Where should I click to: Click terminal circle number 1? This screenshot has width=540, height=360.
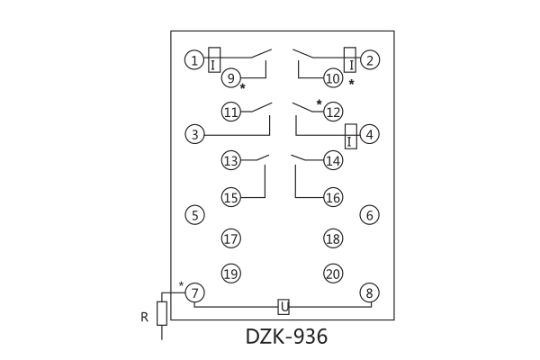(193, 60)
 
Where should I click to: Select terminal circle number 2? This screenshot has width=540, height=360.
(369, 60)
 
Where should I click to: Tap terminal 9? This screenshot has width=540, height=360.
(231, 79)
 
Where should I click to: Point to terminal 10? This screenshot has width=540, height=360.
(333, 79)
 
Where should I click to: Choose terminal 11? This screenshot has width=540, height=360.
(231, 112)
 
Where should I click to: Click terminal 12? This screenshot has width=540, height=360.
(333, 112)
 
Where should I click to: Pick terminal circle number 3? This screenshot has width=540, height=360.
(193, 135)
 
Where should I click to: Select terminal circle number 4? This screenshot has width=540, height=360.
(369, 135)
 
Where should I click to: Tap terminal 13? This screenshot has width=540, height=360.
(231, 161)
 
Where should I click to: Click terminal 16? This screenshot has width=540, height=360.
(333, 197)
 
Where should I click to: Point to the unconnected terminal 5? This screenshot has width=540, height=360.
(193, 214)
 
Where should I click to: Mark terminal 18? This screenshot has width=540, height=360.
(333, 238)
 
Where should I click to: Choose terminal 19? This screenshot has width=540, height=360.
(231, 273)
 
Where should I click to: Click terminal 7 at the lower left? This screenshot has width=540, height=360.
(195, 292)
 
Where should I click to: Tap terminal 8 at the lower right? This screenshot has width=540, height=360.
(369, 292)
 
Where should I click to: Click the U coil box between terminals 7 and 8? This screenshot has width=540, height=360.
(283, 307)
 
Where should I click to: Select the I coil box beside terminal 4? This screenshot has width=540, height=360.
(350, 135)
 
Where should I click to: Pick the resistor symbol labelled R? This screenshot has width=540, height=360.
(162, 312)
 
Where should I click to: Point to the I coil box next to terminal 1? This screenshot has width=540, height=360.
(214, 59)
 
